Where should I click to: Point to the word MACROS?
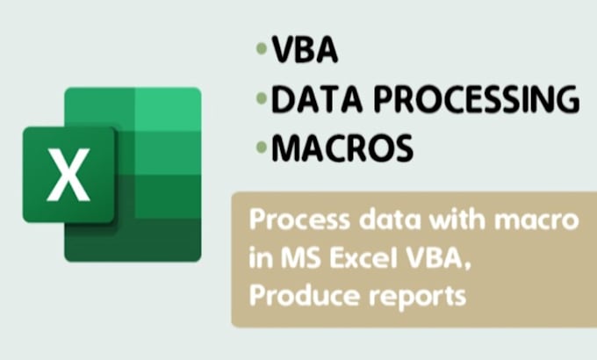point(342,149)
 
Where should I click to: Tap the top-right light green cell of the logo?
point(169,108)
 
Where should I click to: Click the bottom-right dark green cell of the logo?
point(169,237)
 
